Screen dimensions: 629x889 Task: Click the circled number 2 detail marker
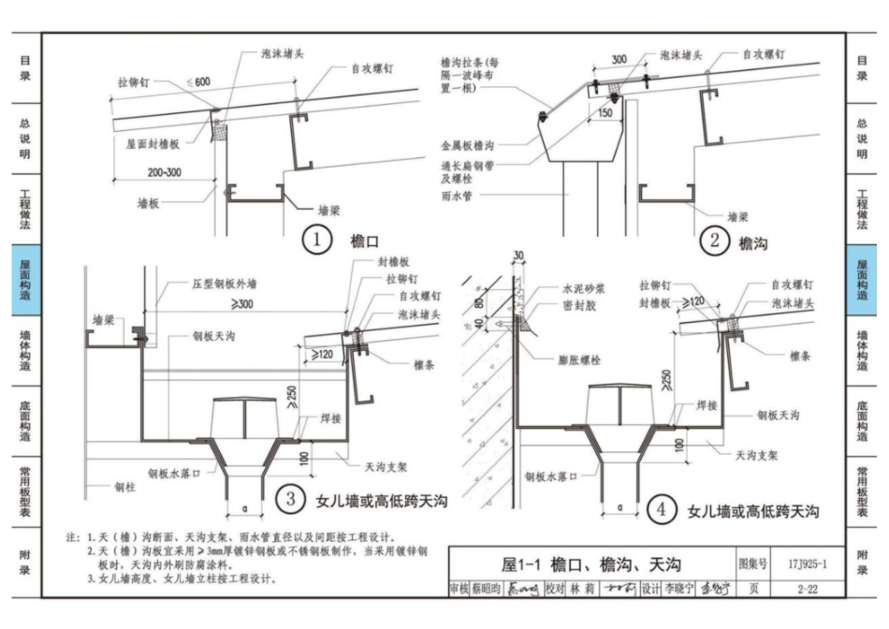[714, 241]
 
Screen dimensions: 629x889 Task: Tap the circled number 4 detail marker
[662, 510]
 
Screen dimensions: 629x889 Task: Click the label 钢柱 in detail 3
[125, 486]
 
